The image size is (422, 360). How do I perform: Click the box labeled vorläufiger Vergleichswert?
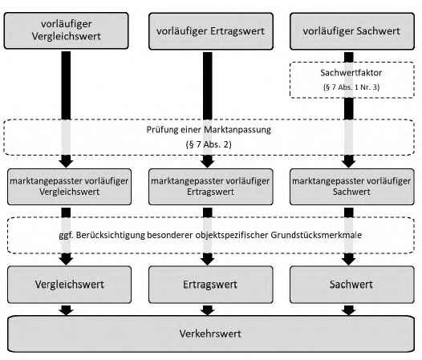[67, 30]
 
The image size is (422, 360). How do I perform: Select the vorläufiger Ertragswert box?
[211, 31]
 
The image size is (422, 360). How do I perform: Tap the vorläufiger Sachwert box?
[352, 31]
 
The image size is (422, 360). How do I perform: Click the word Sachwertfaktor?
[351, 73]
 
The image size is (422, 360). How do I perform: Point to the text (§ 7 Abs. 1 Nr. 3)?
[351, 87]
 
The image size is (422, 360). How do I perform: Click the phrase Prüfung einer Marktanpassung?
[209, 130]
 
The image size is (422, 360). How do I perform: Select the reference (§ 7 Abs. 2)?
[209, 144]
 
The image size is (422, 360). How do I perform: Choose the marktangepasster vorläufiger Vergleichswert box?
[70, 187]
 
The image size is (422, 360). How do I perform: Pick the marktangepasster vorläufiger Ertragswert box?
[211, 187]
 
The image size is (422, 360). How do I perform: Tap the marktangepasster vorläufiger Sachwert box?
[352, 187]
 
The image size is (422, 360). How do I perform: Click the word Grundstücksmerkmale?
[316, 235]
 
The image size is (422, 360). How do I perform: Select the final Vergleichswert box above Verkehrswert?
[70, 285]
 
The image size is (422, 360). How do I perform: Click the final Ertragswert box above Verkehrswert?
[211, 285]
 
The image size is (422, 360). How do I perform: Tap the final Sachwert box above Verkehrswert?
[352, 285]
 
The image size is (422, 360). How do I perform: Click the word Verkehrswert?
[210, 334]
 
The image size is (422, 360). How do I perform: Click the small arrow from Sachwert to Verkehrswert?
[349, 310]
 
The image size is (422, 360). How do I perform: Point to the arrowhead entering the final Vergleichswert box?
[67, 259]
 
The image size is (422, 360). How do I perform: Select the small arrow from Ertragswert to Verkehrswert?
[208, 310]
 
